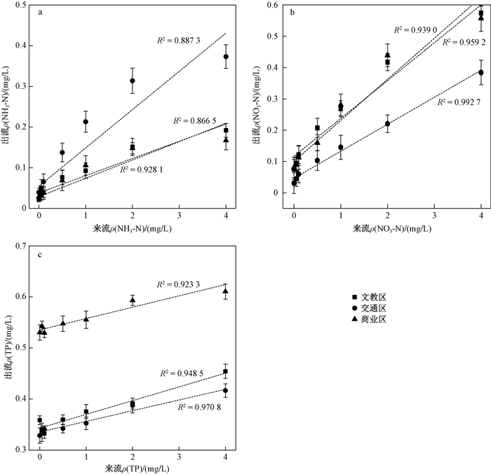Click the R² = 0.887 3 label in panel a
(x=179, y=41)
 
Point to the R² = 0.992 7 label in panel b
(x=459, y=102)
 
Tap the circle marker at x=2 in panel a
(x=133, y=81)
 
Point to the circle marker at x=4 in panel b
(x=481, y=72)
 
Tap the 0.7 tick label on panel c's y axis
(x=25, y=246)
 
